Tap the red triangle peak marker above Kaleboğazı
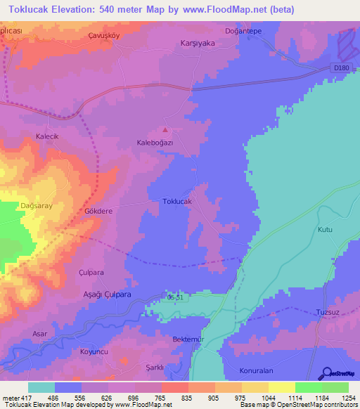165,129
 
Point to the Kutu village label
324,230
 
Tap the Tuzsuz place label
328,311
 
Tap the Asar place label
40,333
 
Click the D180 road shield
341,67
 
